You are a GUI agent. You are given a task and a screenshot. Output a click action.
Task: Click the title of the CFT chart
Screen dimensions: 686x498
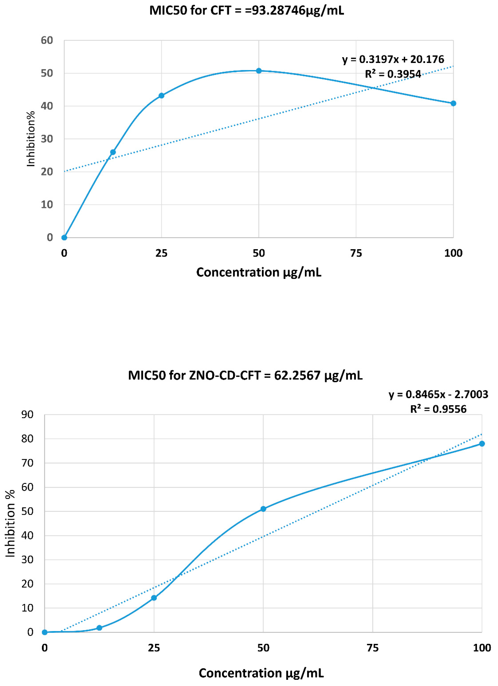pyautogui.click(x=247, y=11)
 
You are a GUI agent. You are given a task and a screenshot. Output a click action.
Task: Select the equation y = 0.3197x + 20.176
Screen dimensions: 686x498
pyautogui.click(x=393, y=59)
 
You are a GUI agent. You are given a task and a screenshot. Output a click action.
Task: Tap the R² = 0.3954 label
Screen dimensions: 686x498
pyautogui.click(x=393, y=74)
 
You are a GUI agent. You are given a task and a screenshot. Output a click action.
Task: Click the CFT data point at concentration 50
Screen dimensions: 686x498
pyautogui.click(x=259, y=71)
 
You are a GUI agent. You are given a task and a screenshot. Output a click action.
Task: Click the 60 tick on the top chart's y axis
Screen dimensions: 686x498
pyautogui.click(x=47, y=40)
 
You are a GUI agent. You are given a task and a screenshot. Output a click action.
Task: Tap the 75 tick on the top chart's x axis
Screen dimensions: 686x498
pyautogui.click(x=356, y=253)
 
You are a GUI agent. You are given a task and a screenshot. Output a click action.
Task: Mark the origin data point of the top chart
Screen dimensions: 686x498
pyautogui.click(x=64, y=238)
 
